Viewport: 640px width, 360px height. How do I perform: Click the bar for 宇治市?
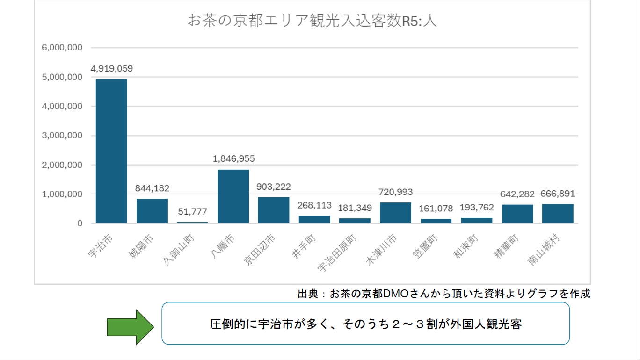coord(111,151)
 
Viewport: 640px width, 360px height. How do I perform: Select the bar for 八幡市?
coord(233,196)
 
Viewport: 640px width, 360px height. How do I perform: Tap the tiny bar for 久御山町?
coord(192,222)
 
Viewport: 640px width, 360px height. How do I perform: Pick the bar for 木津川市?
coord(395,213)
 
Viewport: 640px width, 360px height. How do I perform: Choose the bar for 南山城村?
coord(558,214)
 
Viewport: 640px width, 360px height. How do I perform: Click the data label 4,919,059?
coord(111,69)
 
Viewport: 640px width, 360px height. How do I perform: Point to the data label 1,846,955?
coord(233,159)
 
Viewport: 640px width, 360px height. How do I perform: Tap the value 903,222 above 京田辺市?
coord(274,187)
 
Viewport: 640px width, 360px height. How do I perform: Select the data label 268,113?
coord(314,205)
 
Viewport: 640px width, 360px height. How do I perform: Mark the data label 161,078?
coord(436,209)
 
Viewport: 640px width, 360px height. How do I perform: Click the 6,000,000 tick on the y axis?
coord(62,48)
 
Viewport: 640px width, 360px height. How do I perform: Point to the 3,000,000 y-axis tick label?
coord(62,136)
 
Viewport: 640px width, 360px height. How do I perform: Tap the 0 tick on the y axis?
coord(80,223)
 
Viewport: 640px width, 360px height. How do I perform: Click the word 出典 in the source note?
coord(307,294)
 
